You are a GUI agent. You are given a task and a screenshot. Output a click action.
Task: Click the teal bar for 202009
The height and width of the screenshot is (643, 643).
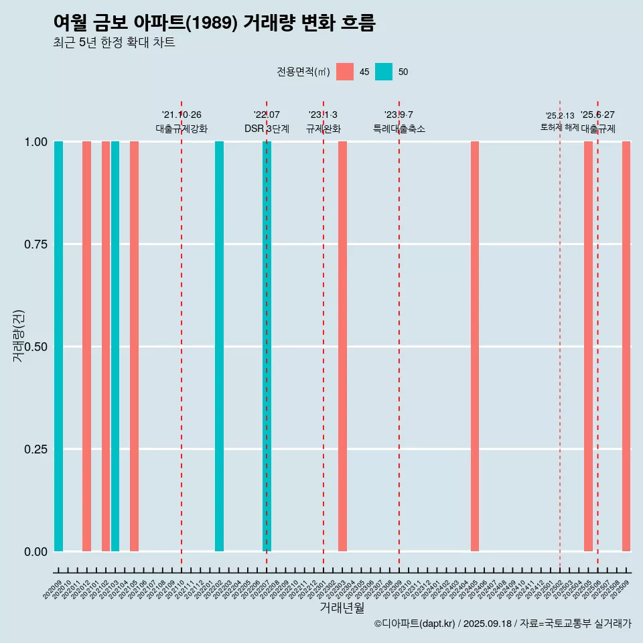pyautogui.click(x=58, y=346)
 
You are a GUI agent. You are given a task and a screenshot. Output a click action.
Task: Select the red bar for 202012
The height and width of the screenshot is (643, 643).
pyautogui.click(x=86, y=346)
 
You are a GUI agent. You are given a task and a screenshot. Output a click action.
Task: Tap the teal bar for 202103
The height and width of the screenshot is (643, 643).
pyautogui.click(x=115, y=346)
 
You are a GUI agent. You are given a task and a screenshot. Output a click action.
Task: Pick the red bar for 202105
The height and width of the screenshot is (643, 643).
pyautogui.click(x=134, y=346)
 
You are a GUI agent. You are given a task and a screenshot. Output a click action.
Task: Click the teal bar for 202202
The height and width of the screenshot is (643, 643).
pyautogui.click(x=219, y=346)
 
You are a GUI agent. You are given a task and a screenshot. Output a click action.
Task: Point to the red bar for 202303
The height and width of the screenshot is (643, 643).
pyautogui.click(x=342, y=346)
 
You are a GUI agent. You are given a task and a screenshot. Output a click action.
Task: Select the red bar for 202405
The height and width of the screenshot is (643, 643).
pyautogui.click(x=475, y=346)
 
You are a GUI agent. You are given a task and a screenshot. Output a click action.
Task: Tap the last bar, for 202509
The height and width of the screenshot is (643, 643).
pyautogui.click(x=626, y=346)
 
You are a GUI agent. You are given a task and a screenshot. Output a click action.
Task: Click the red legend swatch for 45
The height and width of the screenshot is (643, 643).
pyautogui.click(x=345, y=72)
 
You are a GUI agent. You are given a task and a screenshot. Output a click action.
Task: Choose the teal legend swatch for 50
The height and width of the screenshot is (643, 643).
pyautogui.click(x=384, y=72)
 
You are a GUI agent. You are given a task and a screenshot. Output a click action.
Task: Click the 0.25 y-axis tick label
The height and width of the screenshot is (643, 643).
pyautogui.click(x=34, y=449)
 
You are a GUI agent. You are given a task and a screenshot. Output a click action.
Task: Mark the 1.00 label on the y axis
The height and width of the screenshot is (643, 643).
pyautogui.click(x=34, y=142)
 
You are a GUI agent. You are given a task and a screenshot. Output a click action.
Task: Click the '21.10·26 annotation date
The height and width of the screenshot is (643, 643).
pyautogui.click(x=182, y=115)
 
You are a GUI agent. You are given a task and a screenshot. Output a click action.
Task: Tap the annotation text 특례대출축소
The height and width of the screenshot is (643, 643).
pyautogui.click(x=399, y=129)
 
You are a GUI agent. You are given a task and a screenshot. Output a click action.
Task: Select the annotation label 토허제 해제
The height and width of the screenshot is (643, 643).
pyautogui.click(x=559, y=127)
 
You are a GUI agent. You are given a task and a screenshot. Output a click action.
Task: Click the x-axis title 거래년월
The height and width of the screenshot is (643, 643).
pyautogui.click(x=342, y=608)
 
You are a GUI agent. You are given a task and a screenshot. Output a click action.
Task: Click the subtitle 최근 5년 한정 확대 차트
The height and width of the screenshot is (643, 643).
pyautogui.click(x=114, y=43)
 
